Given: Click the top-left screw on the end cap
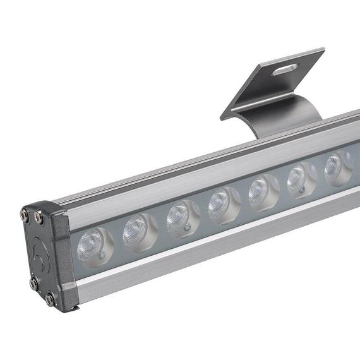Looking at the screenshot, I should [x=24, y=215].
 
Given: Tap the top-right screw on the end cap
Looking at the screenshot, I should [x=39, y=219].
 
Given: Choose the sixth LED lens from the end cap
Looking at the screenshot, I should [x=299, y=179].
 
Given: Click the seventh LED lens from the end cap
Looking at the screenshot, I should [x=336, y=168].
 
